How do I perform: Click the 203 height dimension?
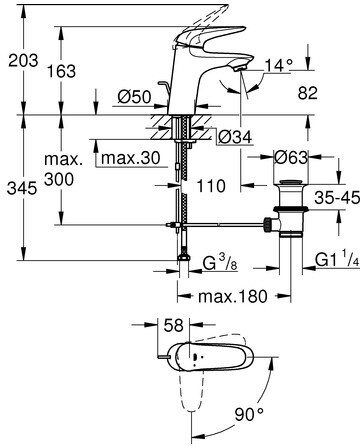23,60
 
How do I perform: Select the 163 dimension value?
61,71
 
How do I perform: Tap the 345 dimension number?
22,188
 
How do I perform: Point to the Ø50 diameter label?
135,97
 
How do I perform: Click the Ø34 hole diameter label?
236,137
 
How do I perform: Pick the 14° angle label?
279,65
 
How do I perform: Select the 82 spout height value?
308,93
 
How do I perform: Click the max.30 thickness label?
131,158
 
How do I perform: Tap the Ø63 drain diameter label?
291,157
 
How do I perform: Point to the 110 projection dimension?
211,186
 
